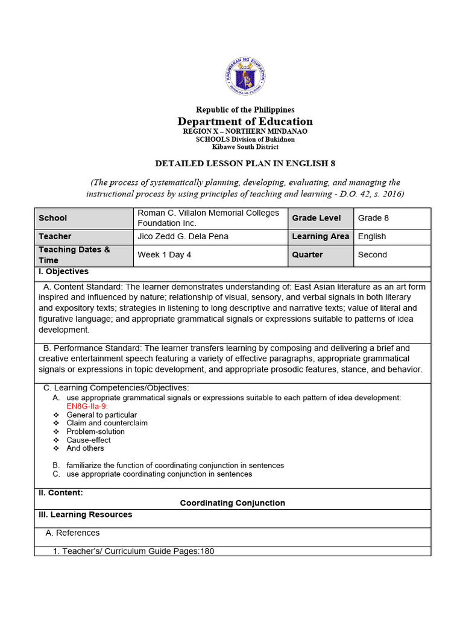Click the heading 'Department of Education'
[x=244, y=121]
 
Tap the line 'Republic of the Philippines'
[x=245, y=110]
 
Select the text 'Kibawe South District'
[x=245, y=146]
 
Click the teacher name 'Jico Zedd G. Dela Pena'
[x=183, y=236]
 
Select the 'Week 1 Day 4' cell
[x=165, y=254]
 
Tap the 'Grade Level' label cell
[x=317, y=218]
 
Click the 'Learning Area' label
[x=320, y=236]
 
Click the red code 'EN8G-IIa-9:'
[x=87, y=406]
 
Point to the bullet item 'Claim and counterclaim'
[x=107, y=423]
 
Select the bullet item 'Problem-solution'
[x=96, y=431]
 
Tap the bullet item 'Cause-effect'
[x=89, y=440]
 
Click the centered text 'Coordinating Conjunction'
[x=233, y=503]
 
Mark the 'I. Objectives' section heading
[x=63, y=271]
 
